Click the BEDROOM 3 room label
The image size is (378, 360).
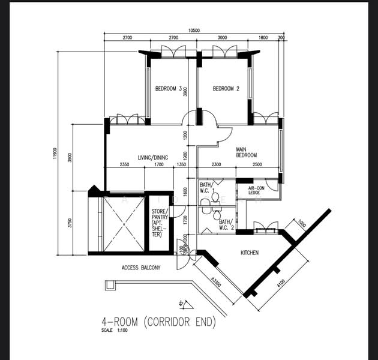[x=169, y=89]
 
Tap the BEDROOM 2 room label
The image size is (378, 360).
[x=226, y=89]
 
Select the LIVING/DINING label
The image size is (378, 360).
[x=153, y=158]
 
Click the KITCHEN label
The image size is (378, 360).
[x=250, y=253]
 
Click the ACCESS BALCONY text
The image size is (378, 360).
[x=141, y=268]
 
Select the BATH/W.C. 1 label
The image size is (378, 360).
[x=207, y=188]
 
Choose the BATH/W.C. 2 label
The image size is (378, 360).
[x=226, y=225]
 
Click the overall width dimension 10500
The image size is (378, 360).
[x=193, y=30]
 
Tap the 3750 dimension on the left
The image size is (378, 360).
[x=70, y=223]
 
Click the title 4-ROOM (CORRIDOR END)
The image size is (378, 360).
[x=158, y=322]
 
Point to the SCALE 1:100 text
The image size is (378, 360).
[x=115, y=331]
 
